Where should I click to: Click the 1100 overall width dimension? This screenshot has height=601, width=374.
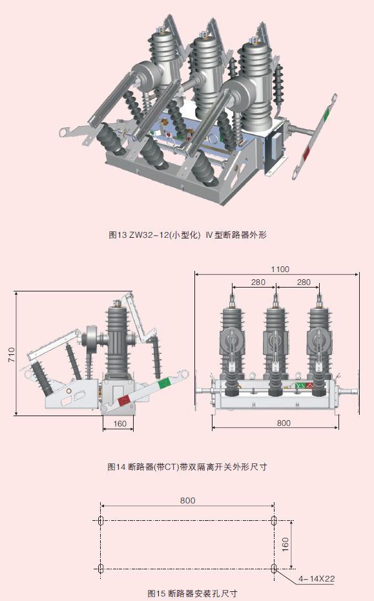pyautogui.click(x=280, y=269)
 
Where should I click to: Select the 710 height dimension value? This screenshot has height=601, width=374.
pyautogui.click(x=12, y=355)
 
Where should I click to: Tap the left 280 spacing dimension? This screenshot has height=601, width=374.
pyautogui.click(x=258, y=282)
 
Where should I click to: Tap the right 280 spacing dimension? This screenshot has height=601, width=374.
pyautogui.click(x=304, y=282)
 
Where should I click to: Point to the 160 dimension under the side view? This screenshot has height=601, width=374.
pyautogui.click(x=120, y=423)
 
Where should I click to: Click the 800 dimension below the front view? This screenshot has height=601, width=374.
pyautogui.click(x=284, y=423)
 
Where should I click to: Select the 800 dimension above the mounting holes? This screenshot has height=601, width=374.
pyautogui.click(x=188, y=500)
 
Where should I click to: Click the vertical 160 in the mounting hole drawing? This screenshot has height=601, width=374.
pyautogui.click(x=286, y=544)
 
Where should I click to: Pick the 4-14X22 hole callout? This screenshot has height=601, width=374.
pyautogui.click(x=317, y=578)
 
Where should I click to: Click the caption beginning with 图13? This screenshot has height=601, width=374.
pyautogui.click(x=187, y=235)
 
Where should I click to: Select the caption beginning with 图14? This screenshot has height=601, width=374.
pyautogui.click(x=187, y=467)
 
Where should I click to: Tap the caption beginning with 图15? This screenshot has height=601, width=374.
pyautogui.click(x=192, y=593)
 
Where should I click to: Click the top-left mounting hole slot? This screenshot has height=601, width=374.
pyautogui.click(x=101, y=520)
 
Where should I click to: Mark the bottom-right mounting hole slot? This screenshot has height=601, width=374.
pyautogui.click(x=274, y=569)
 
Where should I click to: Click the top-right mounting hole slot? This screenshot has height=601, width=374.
pyautogui.click(x=274, y=520)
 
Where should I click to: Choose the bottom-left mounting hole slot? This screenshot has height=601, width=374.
pyautogui.click(x=101, y=569)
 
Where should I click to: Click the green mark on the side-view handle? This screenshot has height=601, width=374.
pyautogui.click(x=165, y=382)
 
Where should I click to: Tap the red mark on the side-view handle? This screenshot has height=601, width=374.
pyautogui.click(x=124, y=401)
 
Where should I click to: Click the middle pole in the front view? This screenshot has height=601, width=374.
pyautogui.click(x=276, y=345)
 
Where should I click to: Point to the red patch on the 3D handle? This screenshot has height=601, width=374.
pyautogui.click(x=307, y=153)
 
